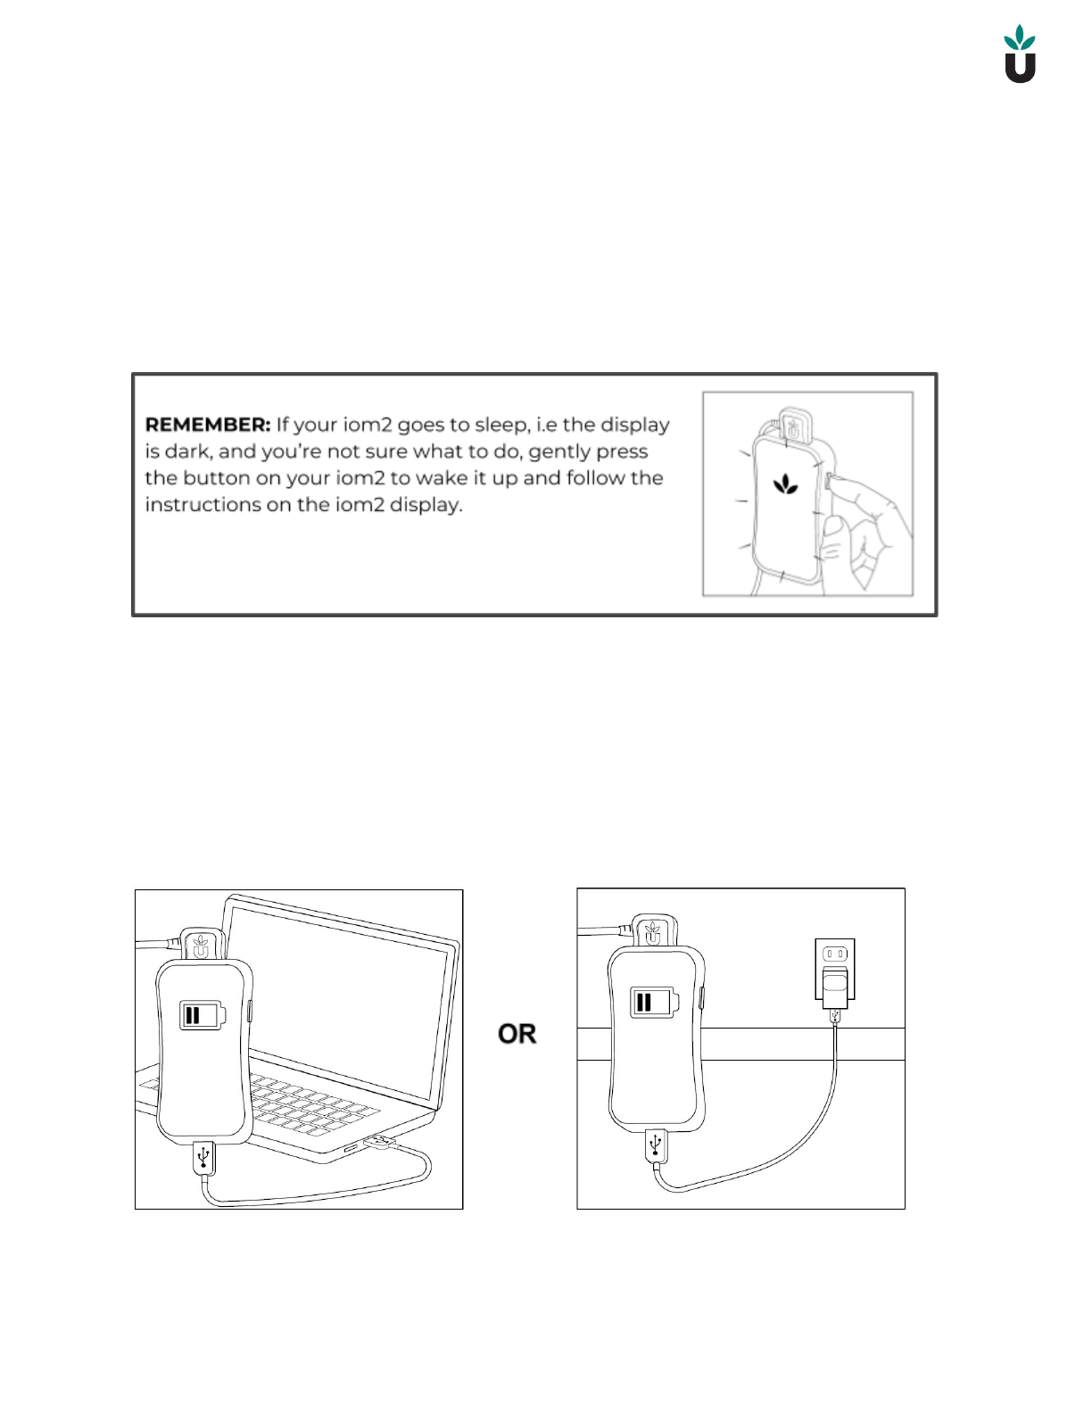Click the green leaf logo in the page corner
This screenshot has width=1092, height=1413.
click(1020, 54)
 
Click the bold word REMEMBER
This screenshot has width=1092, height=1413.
click(207, 425)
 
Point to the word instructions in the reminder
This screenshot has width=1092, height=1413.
click(203, 505)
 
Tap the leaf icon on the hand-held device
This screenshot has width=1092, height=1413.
click(785, 485)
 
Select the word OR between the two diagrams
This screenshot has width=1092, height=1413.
click(517, 1034)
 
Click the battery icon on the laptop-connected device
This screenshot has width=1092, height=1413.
click(203, 1015)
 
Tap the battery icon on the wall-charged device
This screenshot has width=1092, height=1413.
click(654, 1002)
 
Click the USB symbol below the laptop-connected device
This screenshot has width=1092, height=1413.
click(204, 1156)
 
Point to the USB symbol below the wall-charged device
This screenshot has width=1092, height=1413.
click(656, 1144)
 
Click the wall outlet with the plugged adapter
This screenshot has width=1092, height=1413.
click(835, 969)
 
